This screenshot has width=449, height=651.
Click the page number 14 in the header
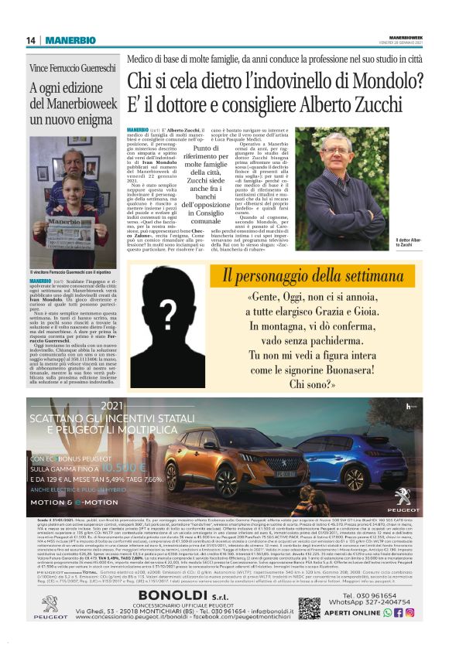coord(32,40)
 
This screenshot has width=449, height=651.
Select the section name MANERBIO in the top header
coord(70,40)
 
